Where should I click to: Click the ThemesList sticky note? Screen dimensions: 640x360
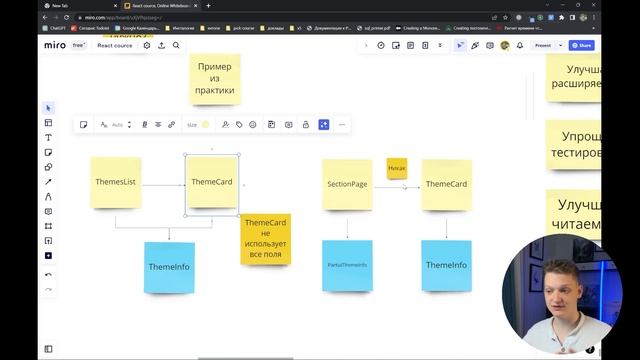click(115, 182)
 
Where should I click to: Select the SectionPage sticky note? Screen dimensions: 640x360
click(346, 184)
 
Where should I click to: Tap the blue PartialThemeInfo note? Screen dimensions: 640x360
click(347, 265)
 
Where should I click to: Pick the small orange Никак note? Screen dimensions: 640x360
click(397, 168)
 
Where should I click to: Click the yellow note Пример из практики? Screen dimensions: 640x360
click(215, 79)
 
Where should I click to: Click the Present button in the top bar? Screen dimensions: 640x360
click(543, 45)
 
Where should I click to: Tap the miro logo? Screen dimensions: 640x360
click(55, 45)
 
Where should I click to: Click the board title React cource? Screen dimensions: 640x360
click(115, 45)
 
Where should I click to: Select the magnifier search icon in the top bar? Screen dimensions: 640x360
click(176, 45)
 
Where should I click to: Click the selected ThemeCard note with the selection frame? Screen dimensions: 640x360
click(212, 182)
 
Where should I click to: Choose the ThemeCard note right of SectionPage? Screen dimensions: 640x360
click(446, 184)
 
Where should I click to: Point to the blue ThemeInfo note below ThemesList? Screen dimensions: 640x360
click(169, 267)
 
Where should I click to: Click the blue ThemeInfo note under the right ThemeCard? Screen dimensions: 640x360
click(446, 265)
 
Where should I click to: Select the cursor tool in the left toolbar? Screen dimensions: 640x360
click(48, 108)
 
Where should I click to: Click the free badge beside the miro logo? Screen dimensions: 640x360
click(79, 45)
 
